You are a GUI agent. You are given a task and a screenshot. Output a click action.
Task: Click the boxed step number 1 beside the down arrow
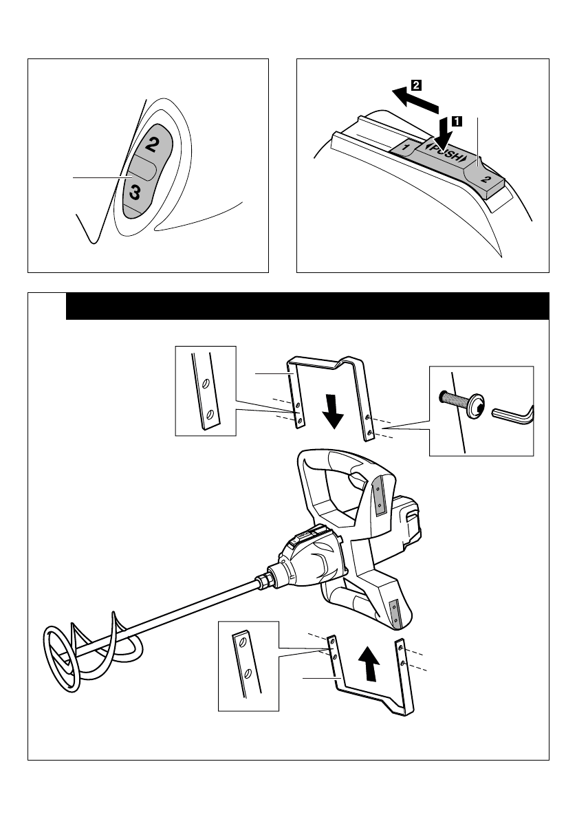[x=456, y=121]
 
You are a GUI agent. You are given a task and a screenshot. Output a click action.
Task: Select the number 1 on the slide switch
[x=406, y=147]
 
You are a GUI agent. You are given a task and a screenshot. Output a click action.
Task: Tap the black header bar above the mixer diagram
[x=307, y=306]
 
